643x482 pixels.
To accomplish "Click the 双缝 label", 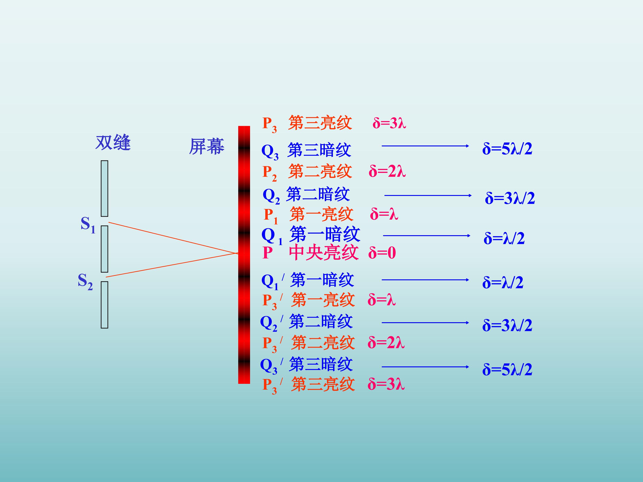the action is pos(113,143).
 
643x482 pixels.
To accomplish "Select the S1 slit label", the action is pos(88,225).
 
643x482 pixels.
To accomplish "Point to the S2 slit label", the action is pos(85,282).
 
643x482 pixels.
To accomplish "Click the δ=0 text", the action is pos(382,253).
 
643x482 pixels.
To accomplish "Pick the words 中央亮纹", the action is pos(324,252).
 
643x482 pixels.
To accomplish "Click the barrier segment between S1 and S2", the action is pos(104,249).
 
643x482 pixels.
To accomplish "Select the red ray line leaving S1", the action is pos(173,238).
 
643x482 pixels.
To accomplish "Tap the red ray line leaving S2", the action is pos(172,265).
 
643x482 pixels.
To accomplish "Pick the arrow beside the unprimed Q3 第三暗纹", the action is pos(425,146).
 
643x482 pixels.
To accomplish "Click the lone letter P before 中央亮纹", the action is pos(267,253).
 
